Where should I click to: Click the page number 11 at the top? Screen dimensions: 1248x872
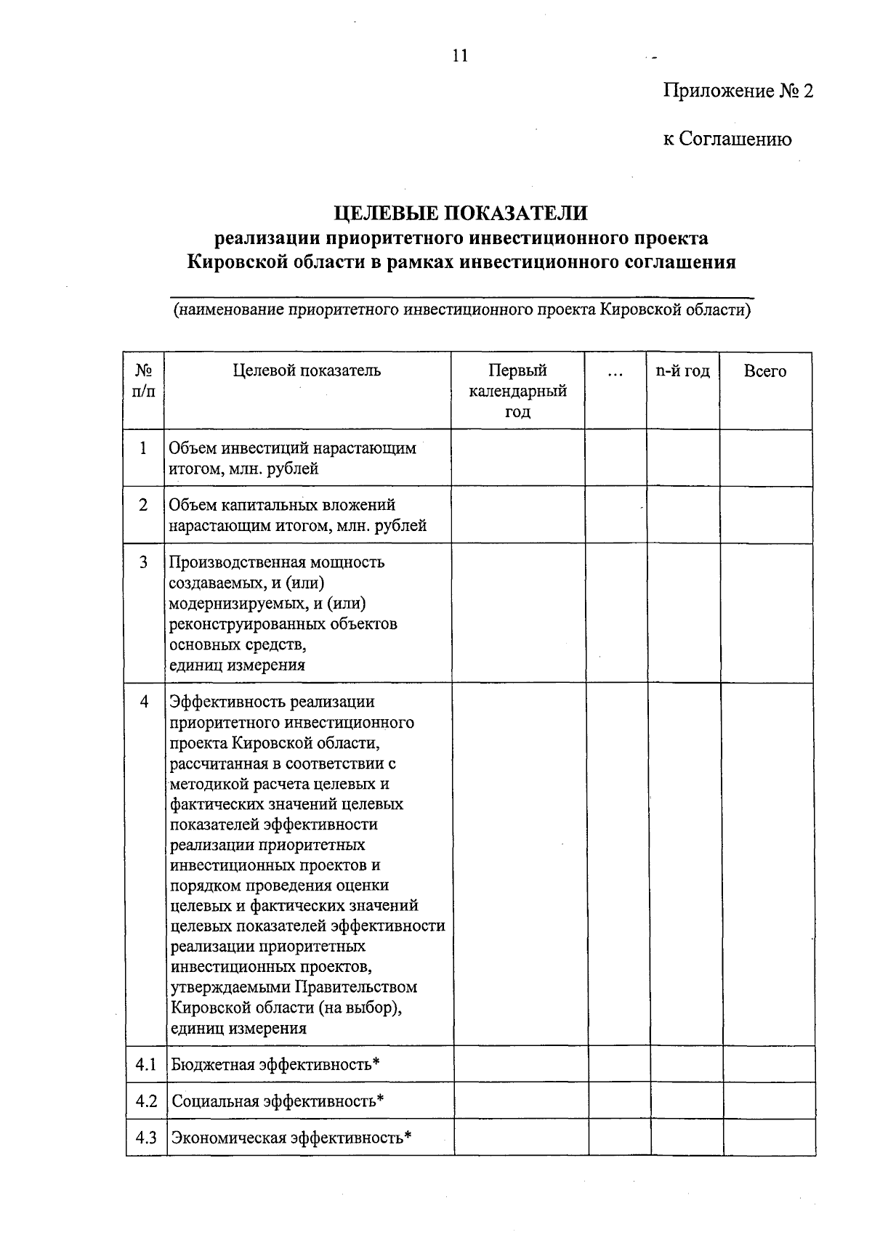pos(459,56)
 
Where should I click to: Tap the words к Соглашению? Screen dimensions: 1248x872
pos(727,139)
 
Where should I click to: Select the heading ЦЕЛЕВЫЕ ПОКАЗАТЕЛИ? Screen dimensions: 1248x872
pos(460,214)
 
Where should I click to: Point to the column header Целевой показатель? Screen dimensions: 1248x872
pos(307,371)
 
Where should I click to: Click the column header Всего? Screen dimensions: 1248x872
pos(764,371)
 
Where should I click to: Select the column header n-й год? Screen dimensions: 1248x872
pos(682,371)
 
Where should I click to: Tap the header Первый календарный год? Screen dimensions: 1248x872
pos(517,392)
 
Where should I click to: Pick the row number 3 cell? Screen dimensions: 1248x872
pos(144,562)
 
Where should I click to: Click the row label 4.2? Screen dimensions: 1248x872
pos(146,1101)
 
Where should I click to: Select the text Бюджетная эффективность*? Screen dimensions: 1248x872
pos(275,1065)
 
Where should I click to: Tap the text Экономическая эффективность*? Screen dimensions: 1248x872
pos(291,1138)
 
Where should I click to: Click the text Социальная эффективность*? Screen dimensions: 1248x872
pos(278,1101)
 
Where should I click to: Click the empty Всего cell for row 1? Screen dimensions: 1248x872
pos(766,458)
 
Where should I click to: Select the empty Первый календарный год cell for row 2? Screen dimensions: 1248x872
pos(517,515)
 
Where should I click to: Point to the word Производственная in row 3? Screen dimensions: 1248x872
pos(237,562)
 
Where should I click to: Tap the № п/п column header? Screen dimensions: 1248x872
pos(144,381)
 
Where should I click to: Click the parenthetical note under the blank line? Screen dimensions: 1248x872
pos(461,311)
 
